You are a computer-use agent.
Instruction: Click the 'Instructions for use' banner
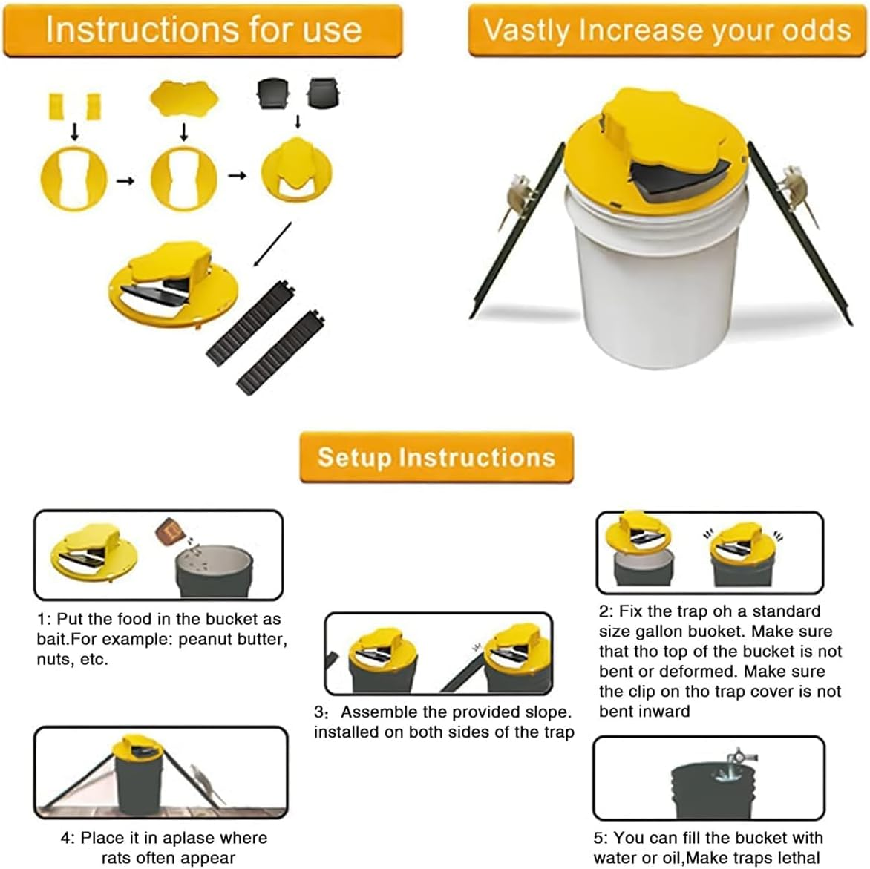(x=203, y=30)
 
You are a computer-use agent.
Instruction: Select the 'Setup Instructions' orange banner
(x=436, y=457)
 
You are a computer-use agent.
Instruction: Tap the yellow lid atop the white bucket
(x=653, y=148)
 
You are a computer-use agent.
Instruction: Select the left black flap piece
(x=269, y=94)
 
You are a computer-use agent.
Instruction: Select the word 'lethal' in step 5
(x=797, y=859)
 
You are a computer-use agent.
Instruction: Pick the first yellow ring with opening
(x=73, y=179)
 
